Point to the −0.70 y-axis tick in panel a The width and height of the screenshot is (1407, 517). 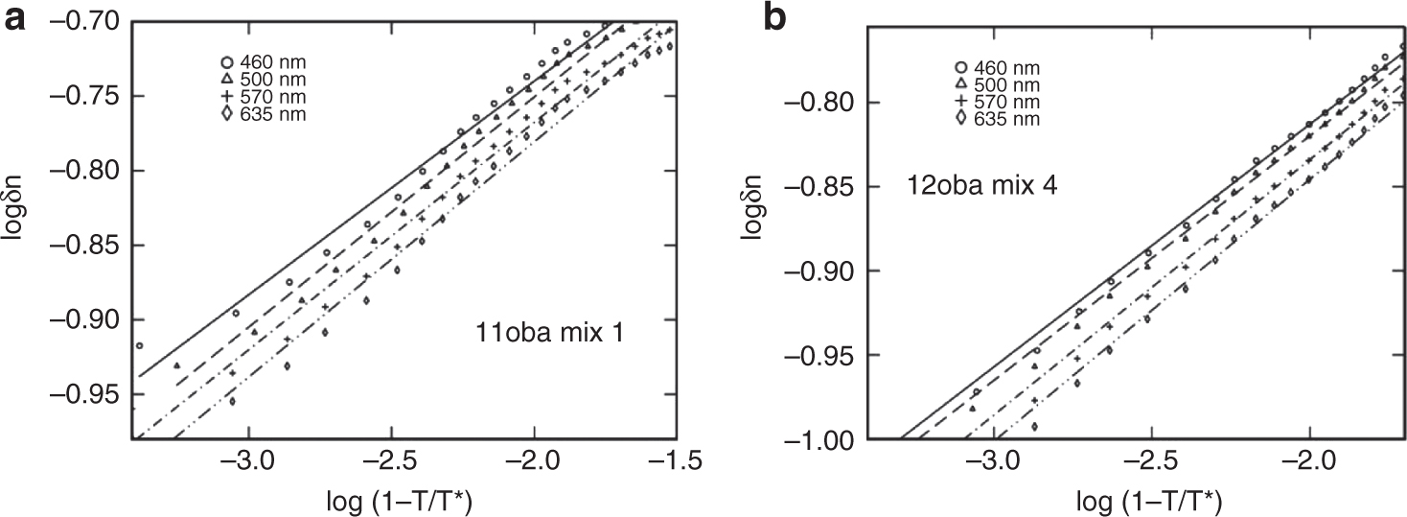pyautogui.click(x=94, y=21)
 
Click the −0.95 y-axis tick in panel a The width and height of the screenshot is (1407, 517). pyautogui.click(x=94, y=394)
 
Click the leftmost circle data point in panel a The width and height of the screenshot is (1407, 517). pyautogui.click(x=139, y=345)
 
